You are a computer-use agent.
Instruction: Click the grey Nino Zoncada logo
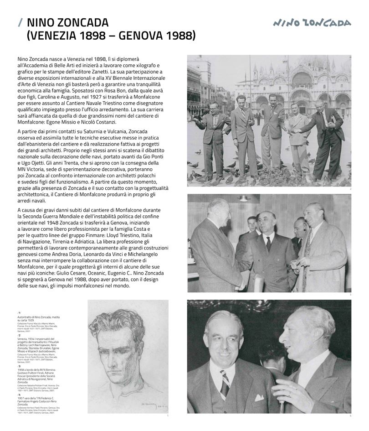[x=312, y=23]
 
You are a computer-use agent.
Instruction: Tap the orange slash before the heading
[x=20, y=23]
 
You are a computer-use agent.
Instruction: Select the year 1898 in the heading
[x=95, y=36]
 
